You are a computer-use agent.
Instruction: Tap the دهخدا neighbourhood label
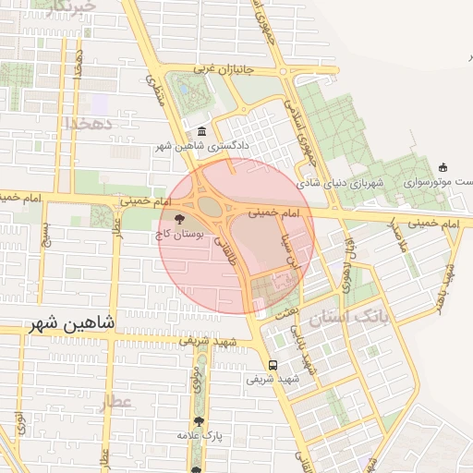coord(88,123)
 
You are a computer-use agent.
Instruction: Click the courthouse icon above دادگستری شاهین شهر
coord(202,132)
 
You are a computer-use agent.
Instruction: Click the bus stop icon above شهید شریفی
coord(272,364)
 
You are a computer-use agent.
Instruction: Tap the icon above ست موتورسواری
coord(443,167)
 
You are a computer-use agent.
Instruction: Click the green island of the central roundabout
coord(210,205)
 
